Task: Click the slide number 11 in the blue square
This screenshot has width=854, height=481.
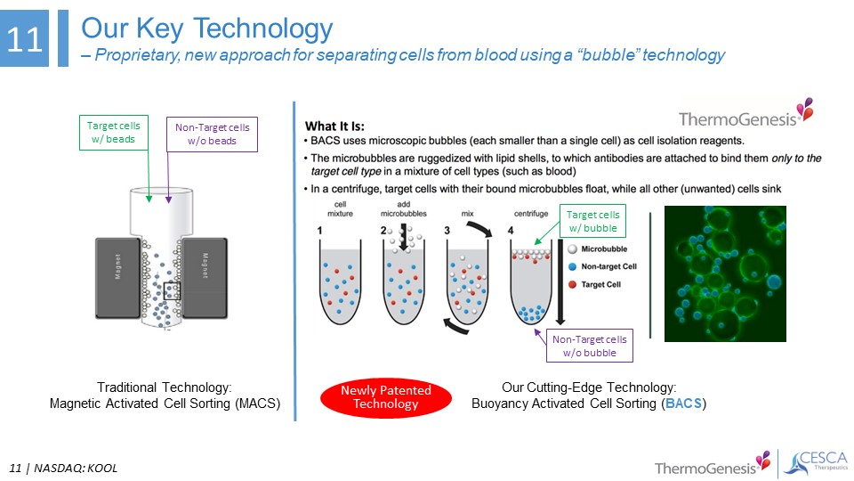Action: click(x=25, y=39)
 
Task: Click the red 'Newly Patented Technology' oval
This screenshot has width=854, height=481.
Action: click(x=385, y=397)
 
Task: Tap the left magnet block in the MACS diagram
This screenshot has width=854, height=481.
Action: click(x=117, y=278)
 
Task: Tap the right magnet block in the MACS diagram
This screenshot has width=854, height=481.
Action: click(x=205, y=278)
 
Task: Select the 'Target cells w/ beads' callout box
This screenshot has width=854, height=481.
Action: click(x=114, y=132)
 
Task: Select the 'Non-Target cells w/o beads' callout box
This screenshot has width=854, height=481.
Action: click(x=212, y=135)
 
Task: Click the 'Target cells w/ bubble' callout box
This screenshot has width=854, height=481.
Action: click(x=593, y=221)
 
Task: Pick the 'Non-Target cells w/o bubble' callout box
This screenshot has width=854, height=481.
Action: click(x=590, y=346)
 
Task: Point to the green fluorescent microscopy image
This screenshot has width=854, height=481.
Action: click(x=725, y=273)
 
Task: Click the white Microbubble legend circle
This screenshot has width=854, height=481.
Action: click(x=572, y=249)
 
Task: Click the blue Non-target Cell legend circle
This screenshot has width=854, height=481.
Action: click(x=572, y=266)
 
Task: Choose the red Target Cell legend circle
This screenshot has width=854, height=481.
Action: click(x=572, y=284)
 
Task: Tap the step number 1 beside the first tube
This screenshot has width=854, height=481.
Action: click(x=319, y=230)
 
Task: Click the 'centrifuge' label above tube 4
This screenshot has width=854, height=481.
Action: click(x=531, y=213)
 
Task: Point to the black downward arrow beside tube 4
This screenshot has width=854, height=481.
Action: click(x=560, y=282)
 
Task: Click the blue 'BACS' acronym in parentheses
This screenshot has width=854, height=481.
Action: click(x=683, y=404)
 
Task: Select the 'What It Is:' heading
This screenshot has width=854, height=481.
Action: click(x=334, y=126)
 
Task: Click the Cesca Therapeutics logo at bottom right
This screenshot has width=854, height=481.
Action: click(x=816, y=463)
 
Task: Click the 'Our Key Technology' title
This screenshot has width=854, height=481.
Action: click(x=207, y=29)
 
